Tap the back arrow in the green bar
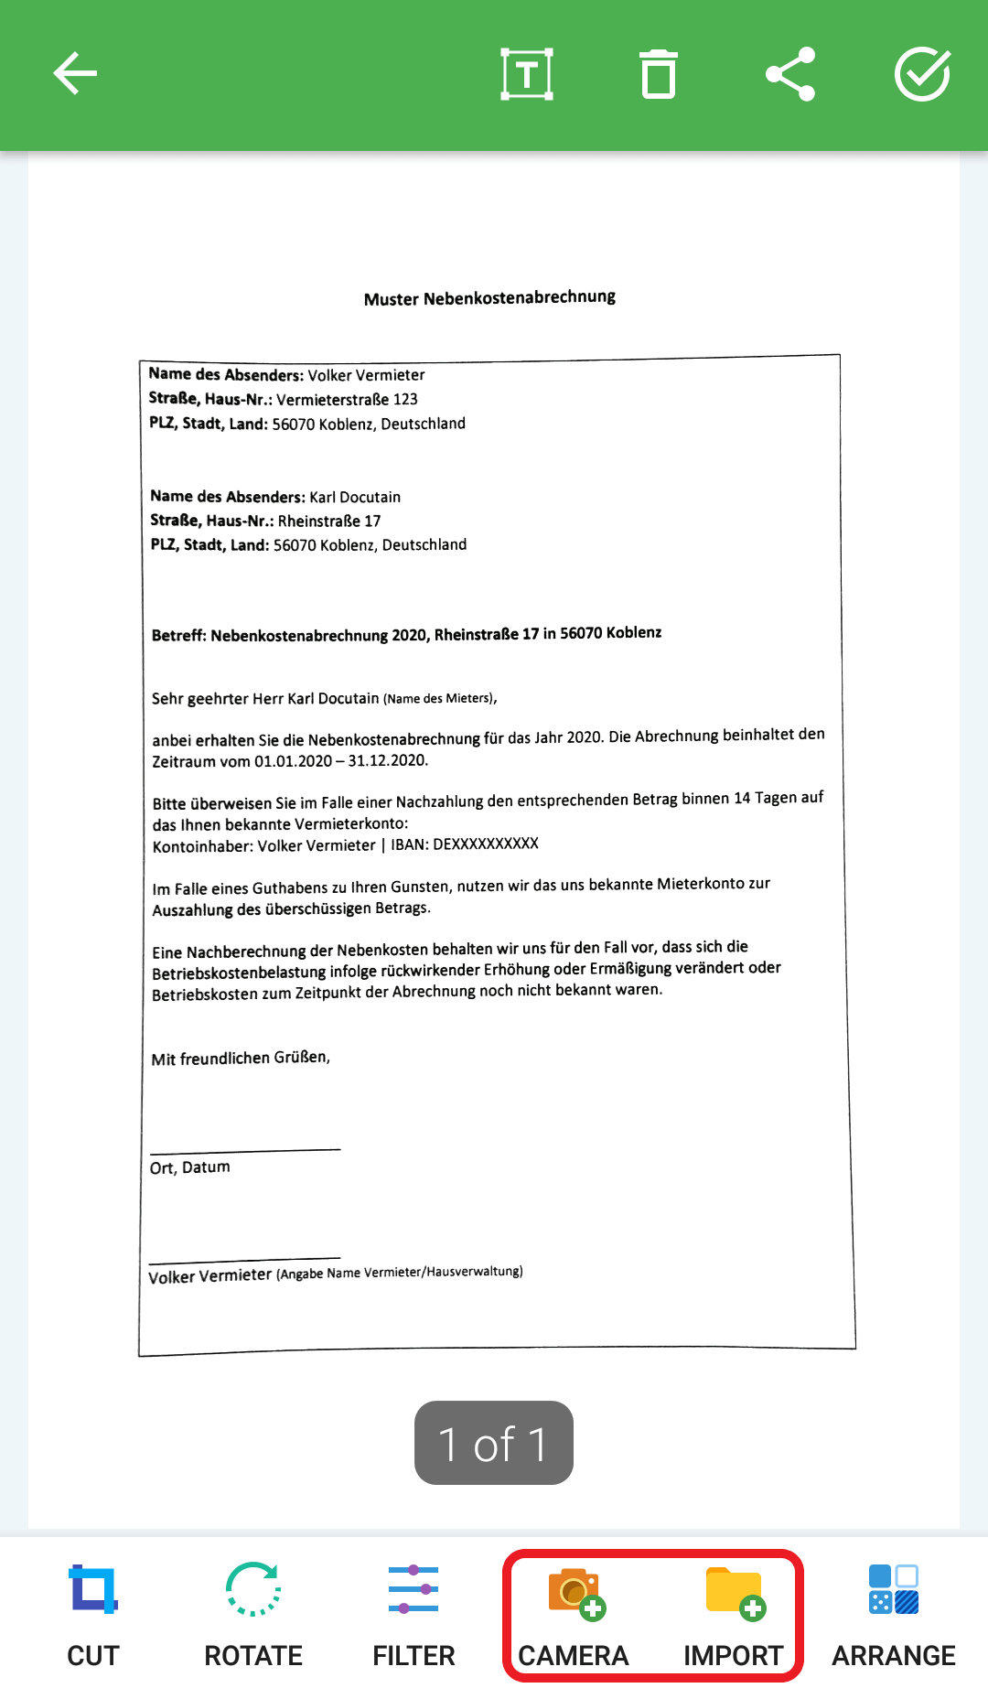(x=75, y=74)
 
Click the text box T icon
(x=527, y=74)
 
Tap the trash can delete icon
(x=658, y=74)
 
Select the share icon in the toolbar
(x=790, y=74)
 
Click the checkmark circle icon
(x=922, y=74)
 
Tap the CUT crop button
(x=93, y=1615)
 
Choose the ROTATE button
(x=253, y=1615)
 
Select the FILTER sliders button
(x=413, y=1615)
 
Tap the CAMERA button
(x=574, y=1615)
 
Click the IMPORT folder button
(x=734, y=1615)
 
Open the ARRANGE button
(x=894, y=1615)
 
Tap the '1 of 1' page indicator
(x=494, y=1443)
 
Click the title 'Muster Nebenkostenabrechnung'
(x=489, y=298)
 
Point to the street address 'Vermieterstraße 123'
(x=347, y=400)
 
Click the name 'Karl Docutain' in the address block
(x=355, y=497)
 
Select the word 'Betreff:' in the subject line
(x=179, y=636)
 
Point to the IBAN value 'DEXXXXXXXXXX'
(x=485, y=844)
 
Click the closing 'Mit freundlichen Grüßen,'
(x=241, y=1059)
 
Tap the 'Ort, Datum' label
(x=190, y=1167)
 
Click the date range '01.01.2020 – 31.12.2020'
(x=341, y=761)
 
